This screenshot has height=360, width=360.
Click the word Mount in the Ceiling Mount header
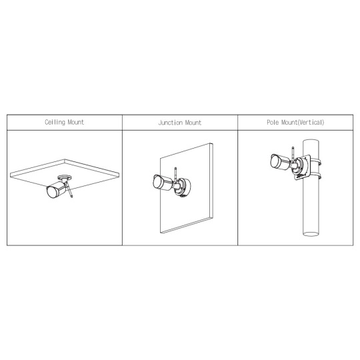76,122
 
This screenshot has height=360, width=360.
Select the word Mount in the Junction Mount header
193,123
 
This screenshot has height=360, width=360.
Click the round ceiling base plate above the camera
65,177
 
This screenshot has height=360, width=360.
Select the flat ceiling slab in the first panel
65,172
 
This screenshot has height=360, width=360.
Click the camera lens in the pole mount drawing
275,161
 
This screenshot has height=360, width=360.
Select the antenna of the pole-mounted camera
293,155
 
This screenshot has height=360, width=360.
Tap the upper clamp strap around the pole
317,162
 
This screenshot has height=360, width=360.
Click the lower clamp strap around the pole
316,177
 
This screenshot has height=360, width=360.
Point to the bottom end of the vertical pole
311,234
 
